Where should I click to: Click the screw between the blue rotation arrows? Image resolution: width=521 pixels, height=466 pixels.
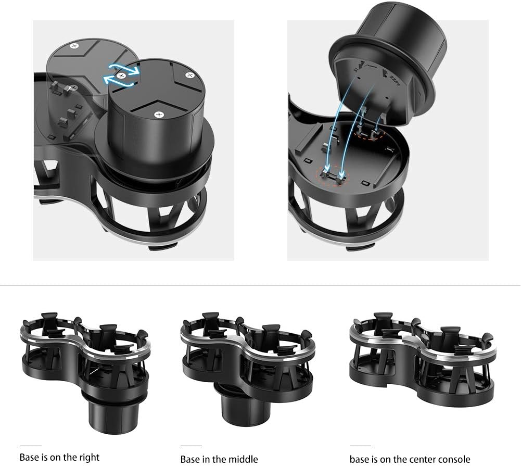pos(121,76)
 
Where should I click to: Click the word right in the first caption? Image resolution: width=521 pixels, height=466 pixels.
pos(89,458)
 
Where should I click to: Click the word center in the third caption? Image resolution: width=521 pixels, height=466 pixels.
pos(421,459)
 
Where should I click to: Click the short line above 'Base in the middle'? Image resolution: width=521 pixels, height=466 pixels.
pos(191,446)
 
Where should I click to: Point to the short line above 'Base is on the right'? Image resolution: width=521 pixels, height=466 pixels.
pos(31,446)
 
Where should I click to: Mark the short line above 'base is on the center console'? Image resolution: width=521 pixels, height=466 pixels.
pos(360,446)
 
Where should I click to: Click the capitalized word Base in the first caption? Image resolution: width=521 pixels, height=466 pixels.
pos(29,458)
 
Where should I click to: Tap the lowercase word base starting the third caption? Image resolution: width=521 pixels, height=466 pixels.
pos(360,459)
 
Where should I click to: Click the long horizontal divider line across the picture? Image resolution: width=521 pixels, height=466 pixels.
pos(260,285)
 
